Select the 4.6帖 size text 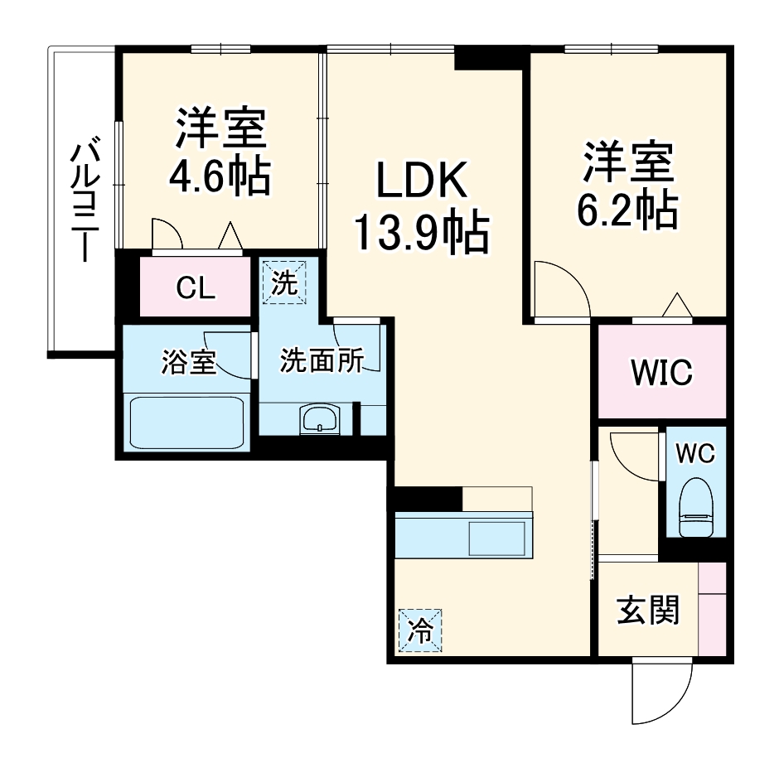[220, 175]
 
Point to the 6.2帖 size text [628, 210]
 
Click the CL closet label [196, 288]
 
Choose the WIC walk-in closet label [661, 373]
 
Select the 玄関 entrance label [647, 611]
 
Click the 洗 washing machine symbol [284, 283]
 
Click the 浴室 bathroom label [188, 362]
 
